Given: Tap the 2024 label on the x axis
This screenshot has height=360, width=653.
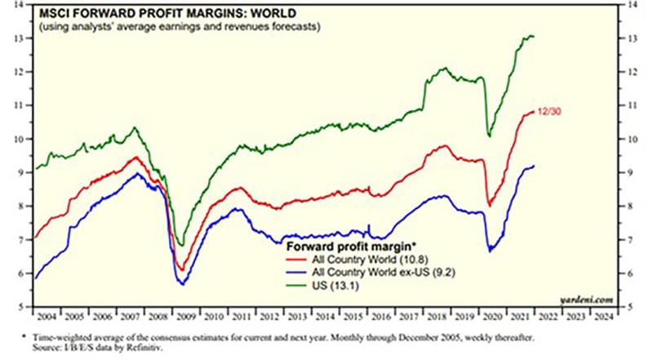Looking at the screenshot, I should coord(605,313).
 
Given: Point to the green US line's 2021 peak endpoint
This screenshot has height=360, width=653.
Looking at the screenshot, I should coord(533,36).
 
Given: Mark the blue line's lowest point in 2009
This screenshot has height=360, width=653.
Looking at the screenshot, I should coord(182,283).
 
